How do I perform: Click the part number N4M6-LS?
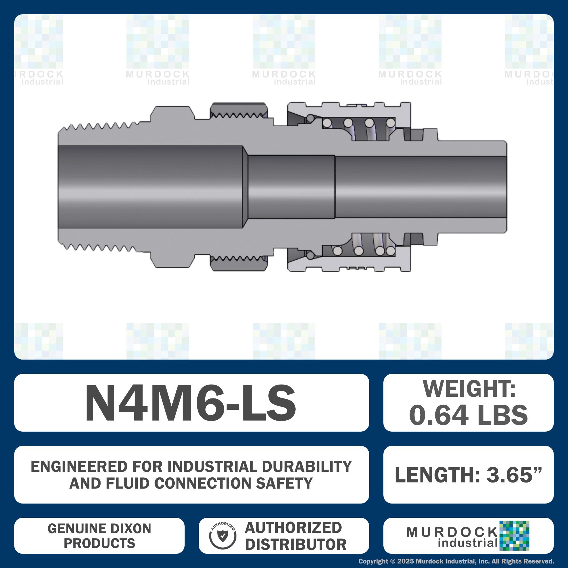190,403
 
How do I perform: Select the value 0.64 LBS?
468,415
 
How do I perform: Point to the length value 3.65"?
514,475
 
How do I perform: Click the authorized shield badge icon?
223,536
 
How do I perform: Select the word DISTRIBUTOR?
296,544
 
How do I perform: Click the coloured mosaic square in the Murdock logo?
514,536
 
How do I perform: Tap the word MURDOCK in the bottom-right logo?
452,532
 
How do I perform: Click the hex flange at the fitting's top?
172,113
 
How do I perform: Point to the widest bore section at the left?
150,187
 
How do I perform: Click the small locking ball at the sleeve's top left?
310,119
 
